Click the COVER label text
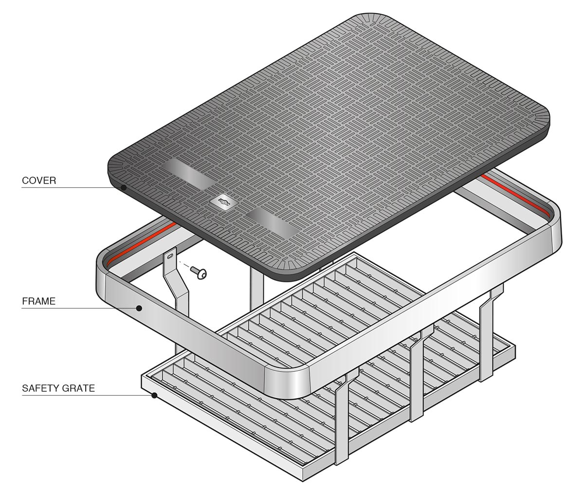tap(39, 181)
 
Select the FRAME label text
tap(38, 301)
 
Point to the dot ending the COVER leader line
tap(124, 187)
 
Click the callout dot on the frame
tap(139, 308)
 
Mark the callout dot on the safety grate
tap(154, 395)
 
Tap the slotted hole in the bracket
tap(170, 255)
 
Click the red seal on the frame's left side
tap(141, 241)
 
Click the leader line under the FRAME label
tap(78, 308)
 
